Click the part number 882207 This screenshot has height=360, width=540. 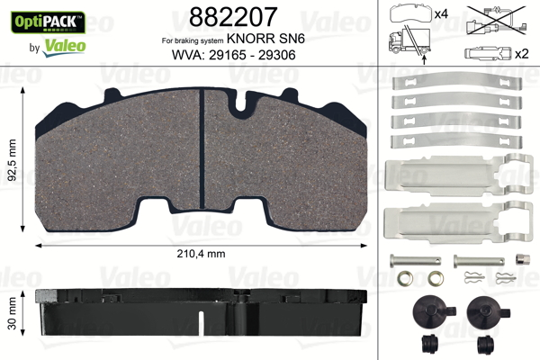233,16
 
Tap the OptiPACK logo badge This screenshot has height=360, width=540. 48,22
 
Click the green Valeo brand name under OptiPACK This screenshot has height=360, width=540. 64,47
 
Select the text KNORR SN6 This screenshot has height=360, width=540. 265,39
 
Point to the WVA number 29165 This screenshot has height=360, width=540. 227,55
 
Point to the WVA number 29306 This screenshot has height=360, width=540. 276,55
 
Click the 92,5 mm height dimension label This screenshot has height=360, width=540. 12,160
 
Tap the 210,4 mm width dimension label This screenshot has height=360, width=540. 201,254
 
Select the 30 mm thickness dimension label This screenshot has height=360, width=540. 12,313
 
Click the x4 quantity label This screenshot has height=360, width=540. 441,14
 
